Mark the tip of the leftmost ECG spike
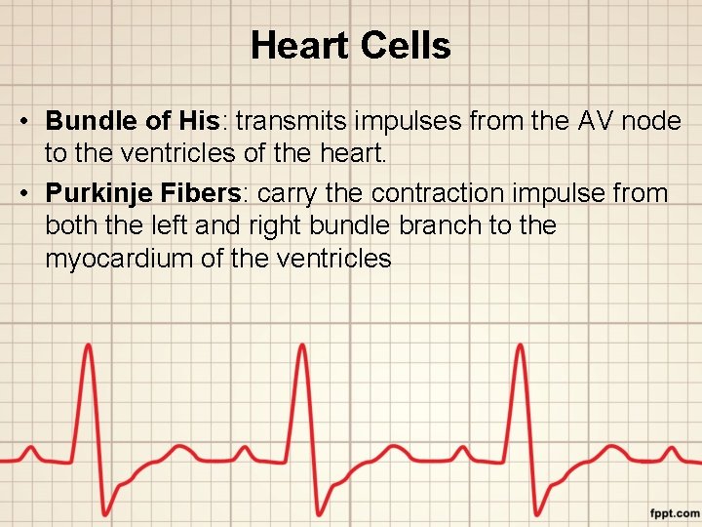[88, 345]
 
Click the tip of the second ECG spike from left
[302, 345]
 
